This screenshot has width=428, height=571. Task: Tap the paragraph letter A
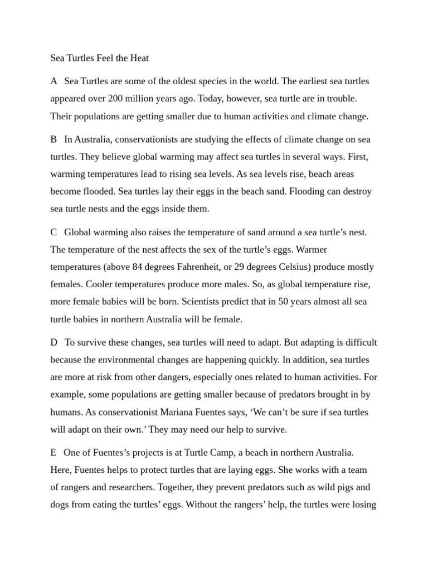[54, 81]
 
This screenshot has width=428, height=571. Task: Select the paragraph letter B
[54, 139]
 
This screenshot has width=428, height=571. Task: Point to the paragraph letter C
[54, 231]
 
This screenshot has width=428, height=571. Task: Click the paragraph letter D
[54, 342]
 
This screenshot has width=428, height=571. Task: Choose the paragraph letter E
[53, 452]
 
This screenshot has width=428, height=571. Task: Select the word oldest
[177, 81]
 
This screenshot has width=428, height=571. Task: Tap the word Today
[220, 99]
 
